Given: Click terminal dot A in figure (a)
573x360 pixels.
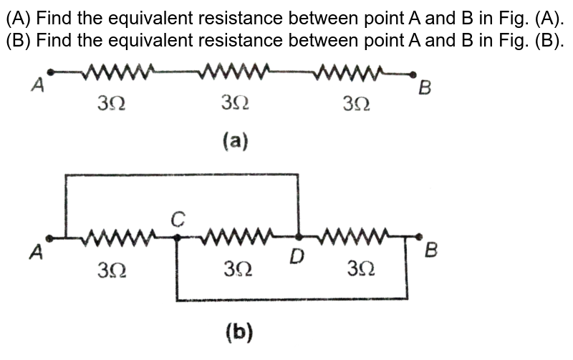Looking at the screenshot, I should pos(49,72).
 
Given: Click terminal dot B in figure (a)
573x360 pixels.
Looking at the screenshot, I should pos(413,74).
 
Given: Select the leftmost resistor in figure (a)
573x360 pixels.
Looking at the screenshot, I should pos(119,72).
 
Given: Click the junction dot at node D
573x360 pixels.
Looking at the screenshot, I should pos(299,235).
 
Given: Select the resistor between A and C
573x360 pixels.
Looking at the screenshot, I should pos(119,235).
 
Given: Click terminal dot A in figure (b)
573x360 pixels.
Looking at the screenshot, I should pos(49,236).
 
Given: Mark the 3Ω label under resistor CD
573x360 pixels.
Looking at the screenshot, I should pos(238,269).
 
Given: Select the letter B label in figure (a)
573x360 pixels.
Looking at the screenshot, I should pos(425,89).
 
